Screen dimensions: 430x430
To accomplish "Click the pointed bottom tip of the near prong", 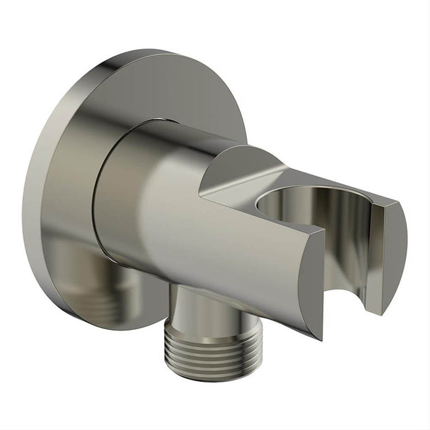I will [x=320, y=337].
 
